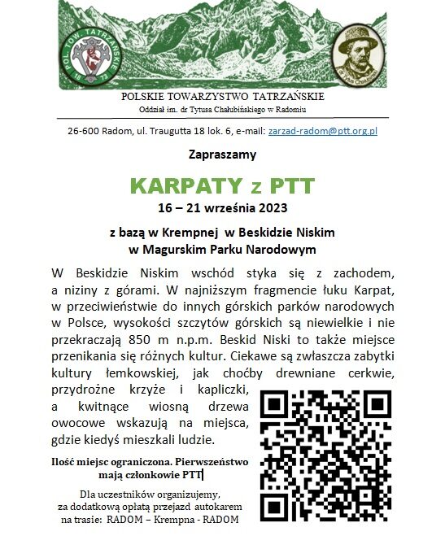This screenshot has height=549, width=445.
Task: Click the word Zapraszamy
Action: (222, 154)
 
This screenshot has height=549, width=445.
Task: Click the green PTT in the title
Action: (286, 184)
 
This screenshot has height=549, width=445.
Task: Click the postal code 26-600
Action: (84, 130)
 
